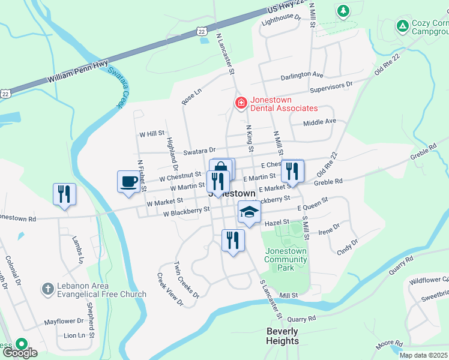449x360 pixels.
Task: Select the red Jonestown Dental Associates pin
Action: pos(241,103)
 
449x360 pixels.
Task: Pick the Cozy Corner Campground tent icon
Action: pos(402,26)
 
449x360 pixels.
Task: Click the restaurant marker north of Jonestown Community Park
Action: pos(233,241)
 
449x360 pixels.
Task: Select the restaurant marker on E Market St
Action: pos(292,171)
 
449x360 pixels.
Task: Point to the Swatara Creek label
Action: pos(118,86)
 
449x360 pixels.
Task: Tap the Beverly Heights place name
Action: pos(282,336)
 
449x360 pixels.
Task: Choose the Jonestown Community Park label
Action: pos(286,259)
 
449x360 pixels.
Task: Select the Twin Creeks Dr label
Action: pos(186,280)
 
